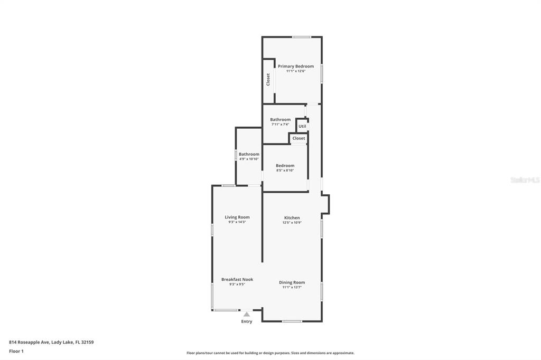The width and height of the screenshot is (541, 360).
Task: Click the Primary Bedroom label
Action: coord(296,66)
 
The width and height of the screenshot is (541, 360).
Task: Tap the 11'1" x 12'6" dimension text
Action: coord(296,71)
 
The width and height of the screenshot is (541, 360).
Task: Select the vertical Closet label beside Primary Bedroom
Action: coord(268,80)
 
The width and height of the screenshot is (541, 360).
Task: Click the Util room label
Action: coord(302,126)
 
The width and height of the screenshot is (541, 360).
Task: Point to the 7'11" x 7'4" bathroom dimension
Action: coord(280,125)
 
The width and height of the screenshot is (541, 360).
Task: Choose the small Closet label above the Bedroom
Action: coord(299,138)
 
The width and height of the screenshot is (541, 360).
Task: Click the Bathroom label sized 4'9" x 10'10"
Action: coord(249,154)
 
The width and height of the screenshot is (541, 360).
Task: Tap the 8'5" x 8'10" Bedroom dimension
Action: coord(285,170)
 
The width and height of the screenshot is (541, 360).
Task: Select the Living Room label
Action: coord(237,217)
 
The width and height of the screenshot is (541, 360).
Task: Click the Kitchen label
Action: coord(292,217)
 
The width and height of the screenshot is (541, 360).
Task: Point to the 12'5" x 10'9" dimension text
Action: coord(292,223)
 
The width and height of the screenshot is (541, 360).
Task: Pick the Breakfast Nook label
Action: coord(237,279)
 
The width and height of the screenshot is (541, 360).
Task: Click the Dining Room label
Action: coord(292,282)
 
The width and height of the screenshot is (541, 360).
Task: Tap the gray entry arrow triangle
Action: coord(246,314)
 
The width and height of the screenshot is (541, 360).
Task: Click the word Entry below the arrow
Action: coord(246,321)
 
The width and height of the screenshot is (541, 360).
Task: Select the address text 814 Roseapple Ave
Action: coord(30,343)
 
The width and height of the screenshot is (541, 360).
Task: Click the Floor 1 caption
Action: coord(16,352)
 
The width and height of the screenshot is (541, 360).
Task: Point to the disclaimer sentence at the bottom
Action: coord(270,353)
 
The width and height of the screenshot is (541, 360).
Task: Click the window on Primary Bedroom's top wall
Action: coord(302,37)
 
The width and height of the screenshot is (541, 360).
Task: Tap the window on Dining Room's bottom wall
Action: coord(292,321)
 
